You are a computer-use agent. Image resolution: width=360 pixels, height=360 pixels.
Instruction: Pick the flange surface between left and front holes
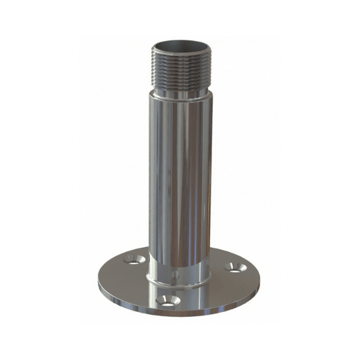(128, 284)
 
